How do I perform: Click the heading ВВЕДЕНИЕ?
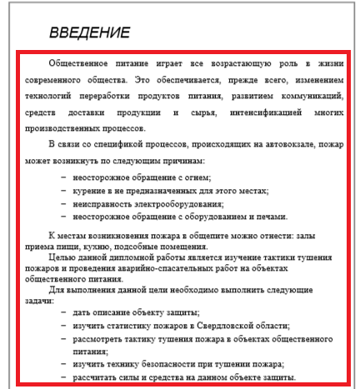[x=89, y=34]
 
